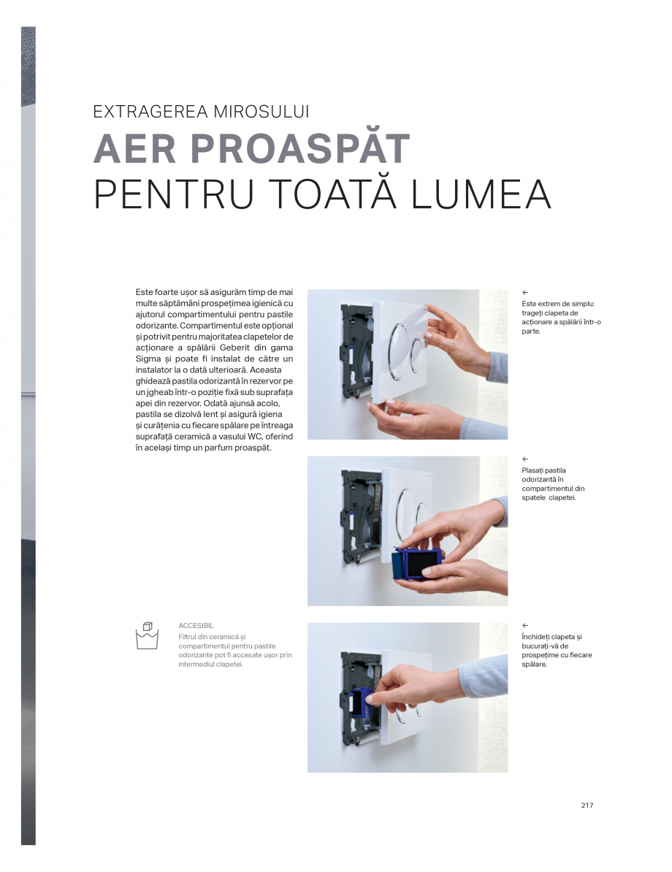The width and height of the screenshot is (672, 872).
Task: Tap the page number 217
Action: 587,806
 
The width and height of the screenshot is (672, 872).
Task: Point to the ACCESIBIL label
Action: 196,626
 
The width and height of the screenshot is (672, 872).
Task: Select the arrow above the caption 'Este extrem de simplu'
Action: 525,293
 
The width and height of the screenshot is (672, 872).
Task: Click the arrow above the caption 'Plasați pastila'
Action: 525,459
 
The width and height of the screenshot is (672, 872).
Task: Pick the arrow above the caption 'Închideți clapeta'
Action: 525,626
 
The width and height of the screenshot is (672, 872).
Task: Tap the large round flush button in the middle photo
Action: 406,508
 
